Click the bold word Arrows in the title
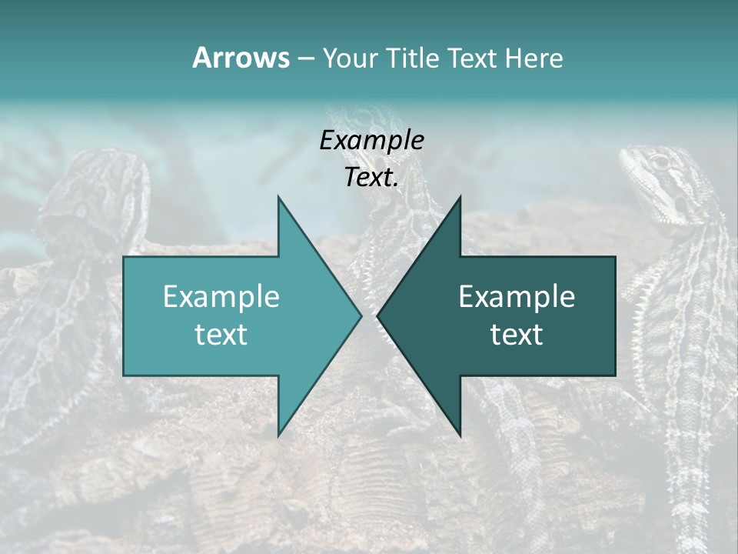241,58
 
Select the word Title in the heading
413,58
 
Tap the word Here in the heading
534,58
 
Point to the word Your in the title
351,58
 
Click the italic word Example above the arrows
371,140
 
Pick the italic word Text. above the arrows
371,178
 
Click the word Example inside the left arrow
221,296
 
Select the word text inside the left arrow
221,334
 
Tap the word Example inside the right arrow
517,296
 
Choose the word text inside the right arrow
517,334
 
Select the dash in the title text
305,58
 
